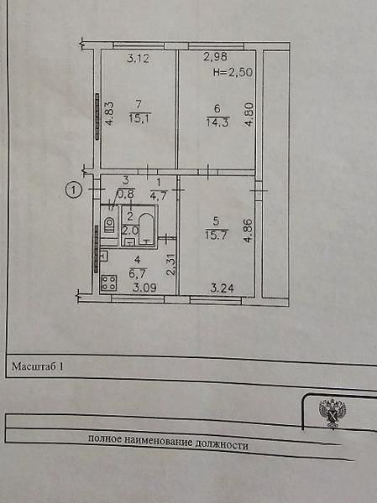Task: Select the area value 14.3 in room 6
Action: coord(217,122)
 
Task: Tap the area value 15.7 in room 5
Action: coord(217,235)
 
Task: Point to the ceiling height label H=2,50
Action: coord(233,72)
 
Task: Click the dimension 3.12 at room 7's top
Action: coord(139,59)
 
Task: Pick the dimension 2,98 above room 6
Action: coord(215,57)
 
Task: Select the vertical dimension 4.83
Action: coord(110,113)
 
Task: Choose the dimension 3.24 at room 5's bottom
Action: coord(223,288)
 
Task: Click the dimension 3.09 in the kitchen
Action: coord(144,288)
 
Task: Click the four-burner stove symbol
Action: coord(109,283)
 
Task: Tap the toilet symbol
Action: coord(109,224)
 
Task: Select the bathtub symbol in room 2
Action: coord(147,229)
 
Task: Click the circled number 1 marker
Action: coord(74,190)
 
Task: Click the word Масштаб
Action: coord(34,366)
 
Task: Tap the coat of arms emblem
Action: coord(332,412)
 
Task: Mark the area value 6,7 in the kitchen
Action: coord(139,273)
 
